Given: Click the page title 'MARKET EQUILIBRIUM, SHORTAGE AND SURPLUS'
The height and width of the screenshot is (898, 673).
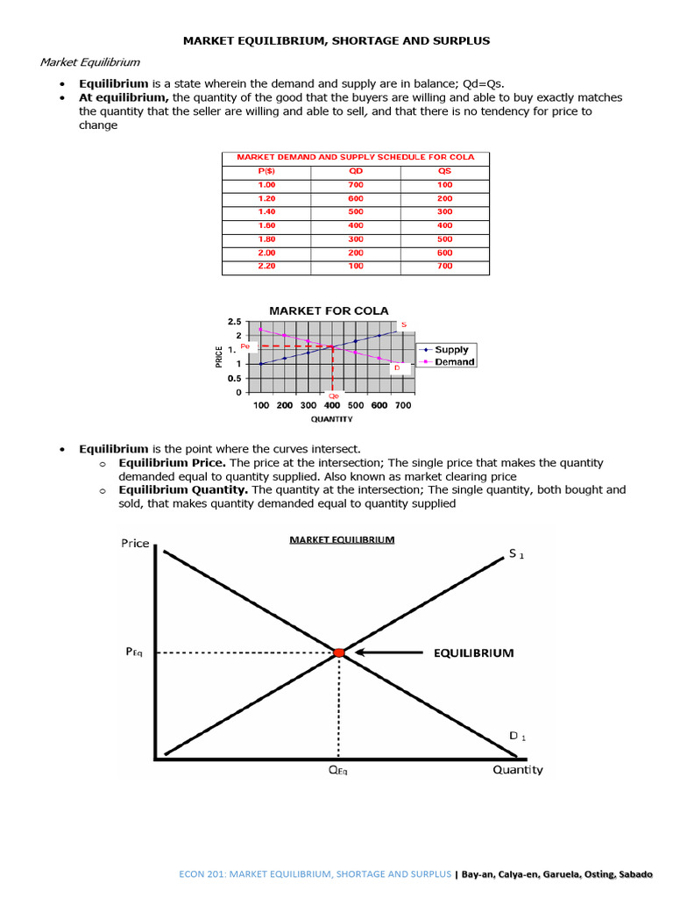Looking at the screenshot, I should [x=336, y=40].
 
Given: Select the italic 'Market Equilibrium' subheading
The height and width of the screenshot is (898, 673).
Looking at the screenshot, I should [x=90, y=62].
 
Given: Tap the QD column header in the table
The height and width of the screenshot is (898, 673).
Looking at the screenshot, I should [x=356, y=171].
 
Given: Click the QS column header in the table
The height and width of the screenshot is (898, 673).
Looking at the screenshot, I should [x=444, y=171].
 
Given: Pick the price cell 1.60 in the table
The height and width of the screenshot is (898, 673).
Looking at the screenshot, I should [x=266, y=225].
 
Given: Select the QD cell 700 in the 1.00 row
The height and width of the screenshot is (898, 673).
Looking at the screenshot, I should [x=356, y=185].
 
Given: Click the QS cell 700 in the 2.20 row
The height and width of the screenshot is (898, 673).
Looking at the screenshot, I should [x=444, y=266].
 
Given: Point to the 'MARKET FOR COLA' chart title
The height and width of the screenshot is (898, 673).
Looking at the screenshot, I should [x=329, y=310].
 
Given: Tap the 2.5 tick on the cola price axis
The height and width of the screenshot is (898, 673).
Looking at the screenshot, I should [x=234, y=323].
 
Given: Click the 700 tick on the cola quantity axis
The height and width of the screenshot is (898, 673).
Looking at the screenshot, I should [x=402, y=405].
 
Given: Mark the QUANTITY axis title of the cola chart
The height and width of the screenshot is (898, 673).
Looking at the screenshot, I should [x=331, y=419].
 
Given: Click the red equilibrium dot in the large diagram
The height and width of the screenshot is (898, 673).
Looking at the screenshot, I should [x=339, y=652].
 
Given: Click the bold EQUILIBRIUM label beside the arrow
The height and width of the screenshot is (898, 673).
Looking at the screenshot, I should [x=472, y=652].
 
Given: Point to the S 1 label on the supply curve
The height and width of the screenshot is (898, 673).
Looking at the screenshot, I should [x=517, y=555].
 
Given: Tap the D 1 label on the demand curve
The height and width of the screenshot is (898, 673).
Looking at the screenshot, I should [x=518, y=736].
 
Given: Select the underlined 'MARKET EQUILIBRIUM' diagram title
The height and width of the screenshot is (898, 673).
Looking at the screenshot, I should [x=342, y=539].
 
